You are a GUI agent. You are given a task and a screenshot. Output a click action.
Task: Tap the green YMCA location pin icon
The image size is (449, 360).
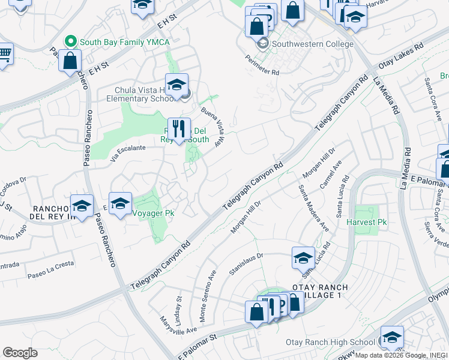(x=71, y=42)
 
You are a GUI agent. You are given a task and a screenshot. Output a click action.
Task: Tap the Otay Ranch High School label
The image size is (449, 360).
(x=330, y=343)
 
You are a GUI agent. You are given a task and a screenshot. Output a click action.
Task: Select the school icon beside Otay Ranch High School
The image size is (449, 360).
(x=392, y=338)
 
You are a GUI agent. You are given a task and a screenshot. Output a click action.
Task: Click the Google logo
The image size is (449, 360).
(x=20, y=353)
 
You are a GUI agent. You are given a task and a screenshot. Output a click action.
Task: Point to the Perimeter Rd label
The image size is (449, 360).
(x=262, y=64)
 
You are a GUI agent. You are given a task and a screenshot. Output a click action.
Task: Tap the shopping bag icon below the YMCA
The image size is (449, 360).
(x=70, y=61)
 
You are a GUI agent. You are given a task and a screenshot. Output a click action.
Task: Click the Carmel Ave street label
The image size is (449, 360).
(x=331, y=175)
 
